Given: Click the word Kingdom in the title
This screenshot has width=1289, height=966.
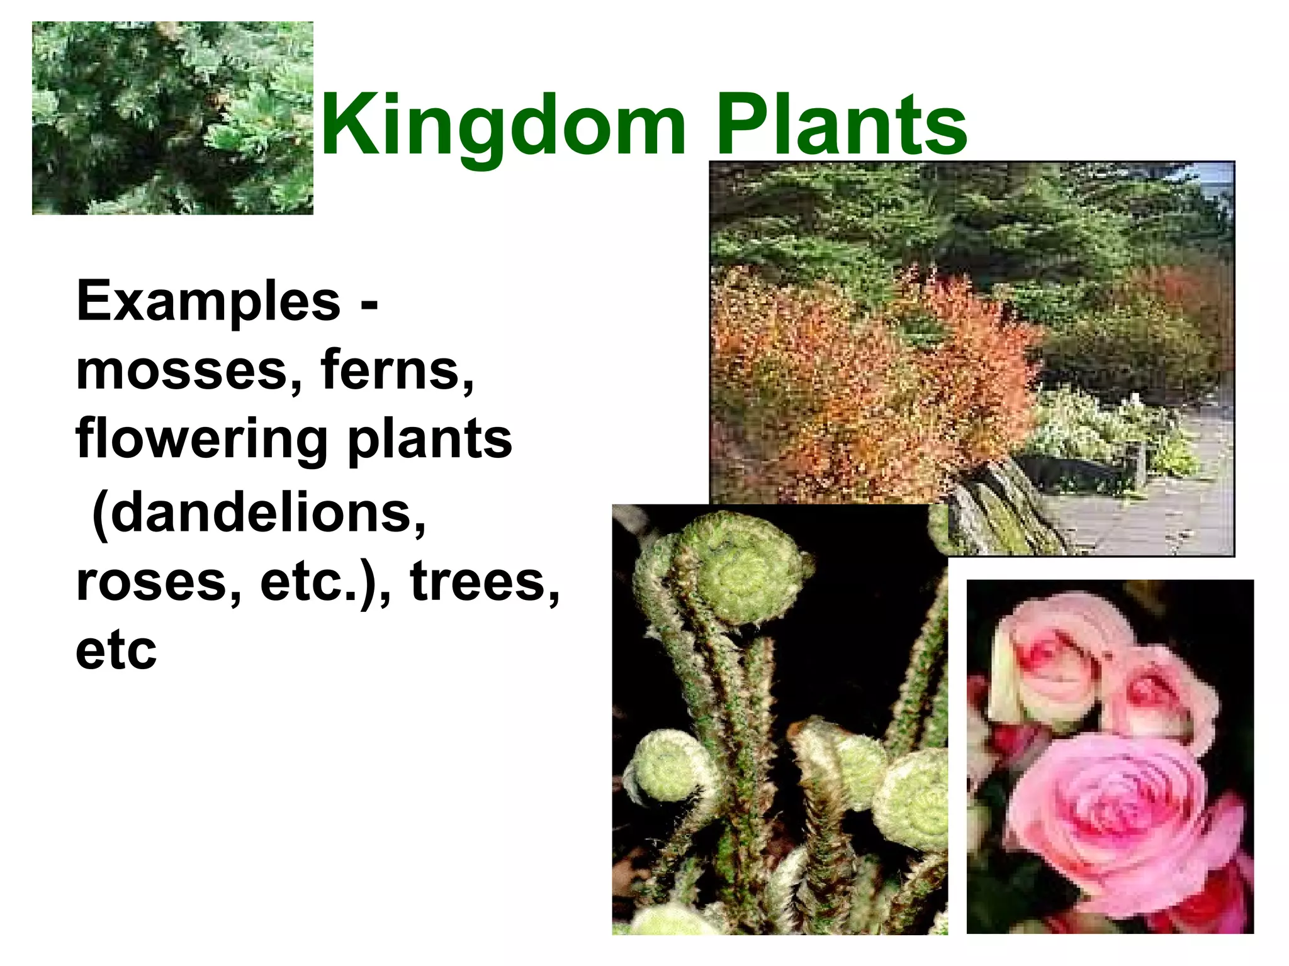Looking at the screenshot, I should click(504, 126).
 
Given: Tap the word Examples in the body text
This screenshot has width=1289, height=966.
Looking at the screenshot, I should click(208, 303).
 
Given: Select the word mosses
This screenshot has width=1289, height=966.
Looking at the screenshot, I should click(183, 371).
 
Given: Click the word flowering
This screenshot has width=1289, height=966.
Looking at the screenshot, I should click(201, 440).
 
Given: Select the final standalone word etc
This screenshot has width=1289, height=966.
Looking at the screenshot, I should click(116, 651).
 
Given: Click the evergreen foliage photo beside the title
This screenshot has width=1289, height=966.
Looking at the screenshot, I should click(172, 118).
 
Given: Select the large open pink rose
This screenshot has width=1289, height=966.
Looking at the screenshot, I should click(1114, 818).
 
